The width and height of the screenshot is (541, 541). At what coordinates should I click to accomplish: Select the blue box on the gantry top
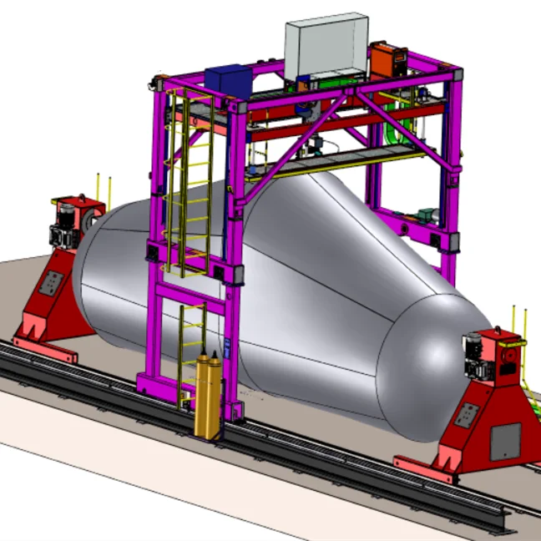point(227,81)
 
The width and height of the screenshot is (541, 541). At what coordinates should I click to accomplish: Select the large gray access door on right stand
point(504,441)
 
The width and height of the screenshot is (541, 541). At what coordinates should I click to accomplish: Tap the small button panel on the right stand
point(467,415)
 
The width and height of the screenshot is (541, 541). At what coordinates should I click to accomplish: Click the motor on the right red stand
point(478,356)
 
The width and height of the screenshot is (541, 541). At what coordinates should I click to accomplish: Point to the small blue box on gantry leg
point(226,344)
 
